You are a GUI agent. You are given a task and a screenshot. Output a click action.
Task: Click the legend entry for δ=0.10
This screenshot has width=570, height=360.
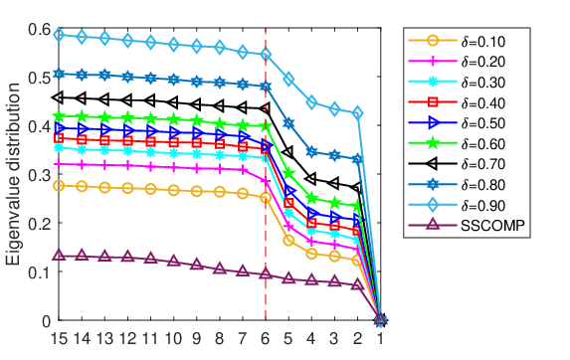[457, 41]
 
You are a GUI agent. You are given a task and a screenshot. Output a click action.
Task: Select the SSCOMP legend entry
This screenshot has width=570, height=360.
[467, 226]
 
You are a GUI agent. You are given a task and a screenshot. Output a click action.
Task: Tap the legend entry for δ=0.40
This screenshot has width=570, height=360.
[457, 102]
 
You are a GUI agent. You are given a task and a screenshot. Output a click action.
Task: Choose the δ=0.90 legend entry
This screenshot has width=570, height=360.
[457, 205]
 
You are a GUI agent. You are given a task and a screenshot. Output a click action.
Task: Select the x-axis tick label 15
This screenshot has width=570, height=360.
[59, 338]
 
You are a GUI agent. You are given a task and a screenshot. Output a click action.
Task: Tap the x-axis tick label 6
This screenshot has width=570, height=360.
[266, 338]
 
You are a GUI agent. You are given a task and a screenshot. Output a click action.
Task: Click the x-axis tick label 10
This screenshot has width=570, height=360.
[173, 338]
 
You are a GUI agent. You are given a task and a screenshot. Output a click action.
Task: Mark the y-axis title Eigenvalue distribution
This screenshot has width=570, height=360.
[13, 174]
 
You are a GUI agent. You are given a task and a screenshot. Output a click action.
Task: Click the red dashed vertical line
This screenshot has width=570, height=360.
[266, 174]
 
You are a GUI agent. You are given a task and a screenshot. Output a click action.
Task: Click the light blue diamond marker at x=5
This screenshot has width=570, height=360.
[288, 80]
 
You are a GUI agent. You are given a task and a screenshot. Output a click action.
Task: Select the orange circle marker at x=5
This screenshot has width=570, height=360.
[288, 240]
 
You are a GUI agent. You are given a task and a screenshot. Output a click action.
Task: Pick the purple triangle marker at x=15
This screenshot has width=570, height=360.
[59, 255]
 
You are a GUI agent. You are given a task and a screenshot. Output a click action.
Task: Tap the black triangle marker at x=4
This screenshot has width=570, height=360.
[311, 179]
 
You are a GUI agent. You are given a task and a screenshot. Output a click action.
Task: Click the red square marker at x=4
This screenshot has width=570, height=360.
[311, 223]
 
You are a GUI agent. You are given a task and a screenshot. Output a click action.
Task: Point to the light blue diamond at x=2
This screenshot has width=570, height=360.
[358, 113]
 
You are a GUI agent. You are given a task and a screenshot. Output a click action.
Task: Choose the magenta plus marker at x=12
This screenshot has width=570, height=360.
[127, 166]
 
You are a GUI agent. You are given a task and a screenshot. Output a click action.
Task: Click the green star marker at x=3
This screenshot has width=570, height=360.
[334, 202]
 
